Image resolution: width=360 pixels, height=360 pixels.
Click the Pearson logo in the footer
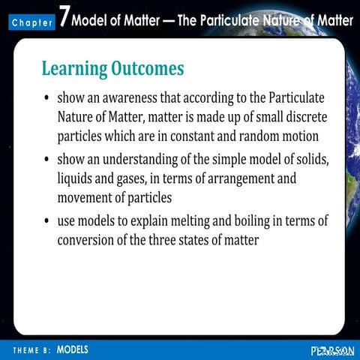[331, 350]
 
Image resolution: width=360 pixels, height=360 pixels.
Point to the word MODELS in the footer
[73, 349]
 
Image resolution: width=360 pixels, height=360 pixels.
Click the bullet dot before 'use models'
[47, 223]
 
